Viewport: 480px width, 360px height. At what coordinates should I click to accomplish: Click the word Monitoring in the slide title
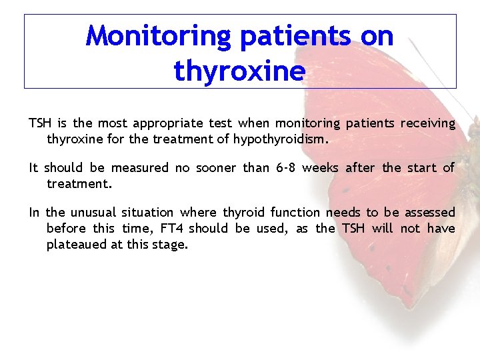click(x=158, y=36)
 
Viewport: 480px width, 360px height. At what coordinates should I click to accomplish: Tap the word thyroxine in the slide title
click(x=239, y=70)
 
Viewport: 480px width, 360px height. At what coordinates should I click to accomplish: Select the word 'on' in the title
click(x=377, y=36)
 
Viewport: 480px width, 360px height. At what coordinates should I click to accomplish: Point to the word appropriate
click(x=169, y=123)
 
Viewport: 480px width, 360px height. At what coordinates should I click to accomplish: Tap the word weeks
click(x=320, y=167)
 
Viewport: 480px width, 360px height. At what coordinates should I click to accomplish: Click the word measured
click(x=140, y=167)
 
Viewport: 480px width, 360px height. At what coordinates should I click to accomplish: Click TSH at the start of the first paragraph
click(x=40, y=123)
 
